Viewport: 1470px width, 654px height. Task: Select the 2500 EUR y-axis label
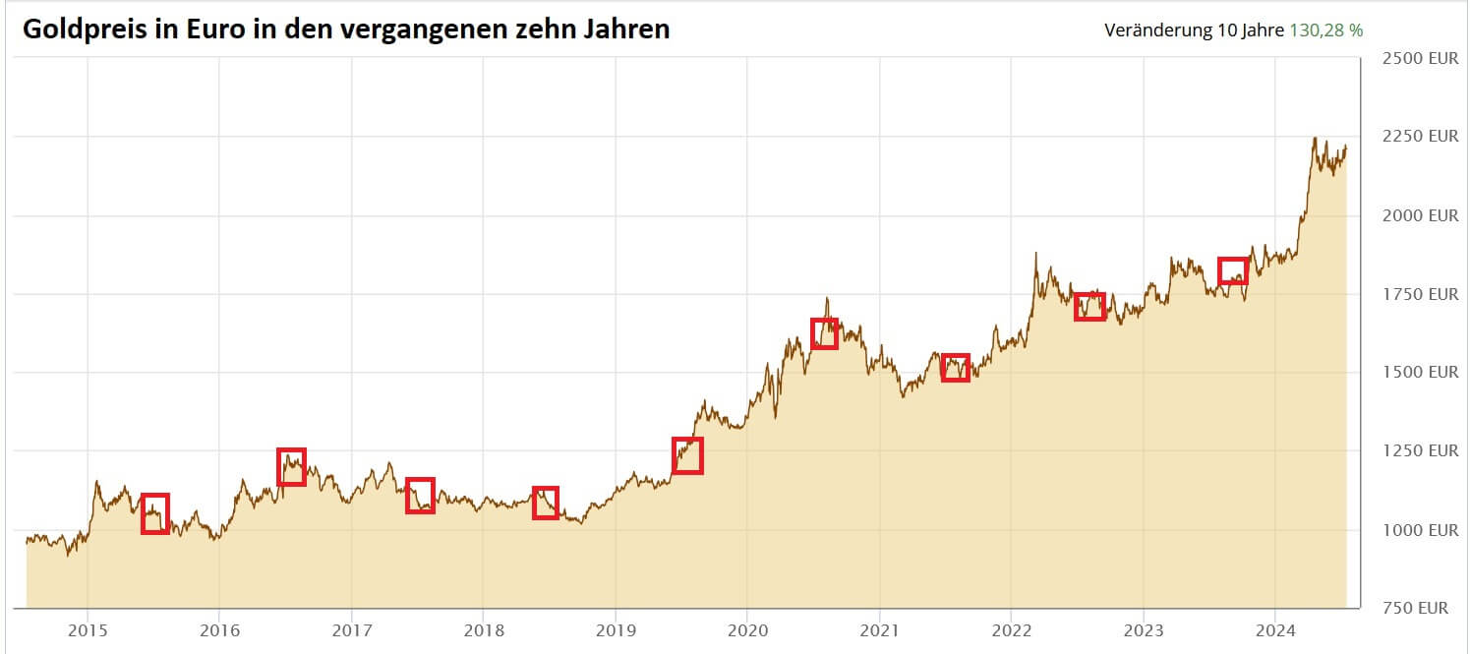click(x=1421, y=58)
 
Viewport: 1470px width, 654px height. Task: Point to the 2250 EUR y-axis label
click(x=1421, y=137)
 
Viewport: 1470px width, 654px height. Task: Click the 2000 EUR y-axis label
click(x=1421, y=215)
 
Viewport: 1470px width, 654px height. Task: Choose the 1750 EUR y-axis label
click(x=1421, y=294)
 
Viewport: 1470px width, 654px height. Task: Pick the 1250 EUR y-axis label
click(x=1421, y=451)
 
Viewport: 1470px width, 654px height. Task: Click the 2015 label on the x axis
click(x=88, y=629)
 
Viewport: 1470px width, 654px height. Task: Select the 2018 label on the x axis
click(x=483, y=629)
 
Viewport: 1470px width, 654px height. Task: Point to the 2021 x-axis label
click(x=879, y=629)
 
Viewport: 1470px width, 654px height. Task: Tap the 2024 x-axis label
click(x=1274, y=629)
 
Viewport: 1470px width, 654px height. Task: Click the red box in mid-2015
click(x=155, y=513)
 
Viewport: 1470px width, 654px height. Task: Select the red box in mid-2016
click(x=291, y=466)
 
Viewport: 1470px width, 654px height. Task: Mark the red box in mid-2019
click(x=687, y=455)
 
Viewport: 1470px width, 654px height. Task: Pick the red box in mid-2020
click(x=824, y=333)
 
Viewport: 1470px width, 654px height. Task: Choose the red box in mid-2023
click(x=1233, y=270)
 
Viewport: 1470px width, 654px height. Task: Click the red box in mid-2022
click(x=1089, y=306)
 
